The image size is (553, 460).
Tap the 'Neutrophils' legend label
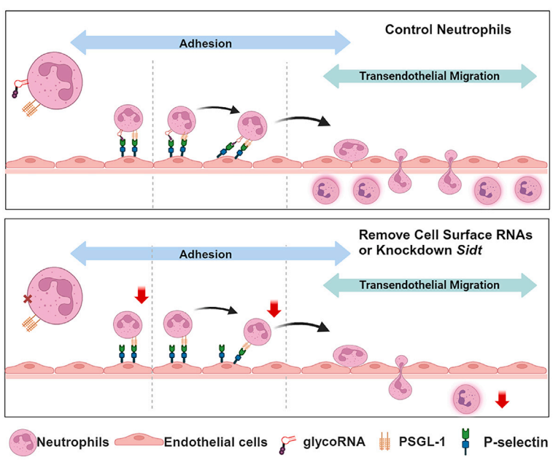click(72, 441)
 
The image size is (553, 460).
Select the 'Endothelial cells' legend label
click(212, 441)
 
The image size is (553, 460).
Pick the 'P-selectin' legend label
click(514, 441)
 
